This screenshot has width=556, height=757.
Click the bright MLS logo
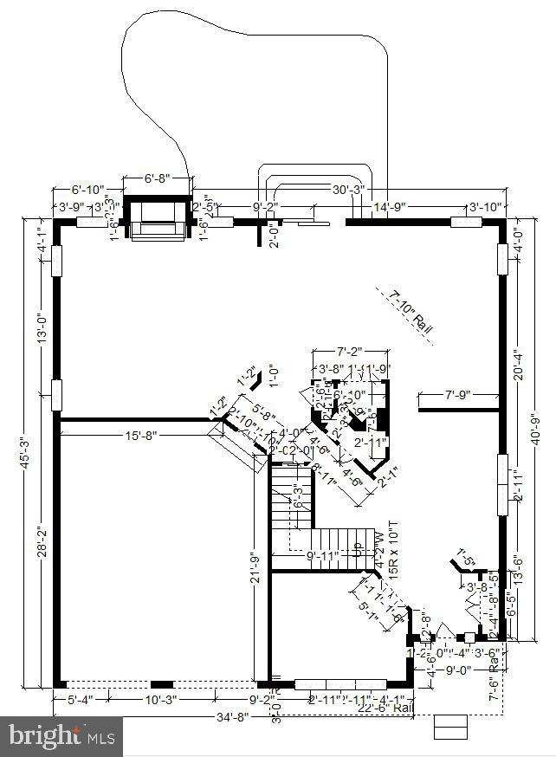click(61, 737)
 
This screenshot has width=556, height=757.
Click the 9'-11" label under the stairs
click(325, 555)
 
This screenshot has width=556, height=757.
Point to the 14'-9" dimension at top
click(390, 207)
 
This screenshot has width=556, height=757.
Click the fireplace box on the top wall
click(157, 217)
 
